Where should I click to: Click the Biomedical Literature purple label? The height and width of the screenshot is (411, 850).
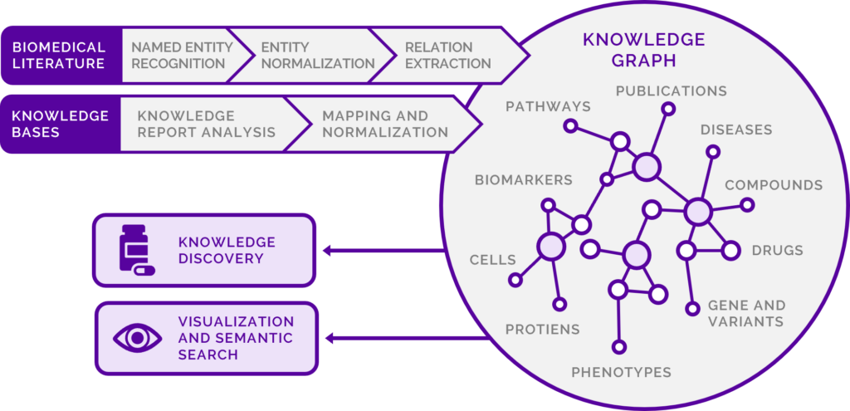click(59, 55)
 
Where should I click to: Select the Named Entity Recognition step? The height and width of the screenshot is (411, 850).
click(178, 55)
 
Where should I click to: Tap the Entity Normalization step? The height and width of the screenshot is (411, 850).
click(317, 55)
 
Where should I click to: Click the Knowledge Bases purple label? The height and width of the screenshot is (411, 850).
click(59, 124)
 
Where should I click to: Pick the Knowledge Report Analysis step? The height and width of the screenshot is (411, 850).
click(206, 124)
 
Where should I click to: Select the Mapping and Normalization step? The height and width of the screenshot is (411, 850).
click(385, 124)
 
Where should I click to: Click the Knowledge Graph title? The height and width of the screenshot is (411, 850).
click(643, 49)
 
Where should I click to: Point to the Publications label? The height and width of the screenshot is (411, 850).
click(671, 91)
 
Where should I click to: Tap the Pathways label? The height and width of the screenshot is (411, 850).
click(548, 106)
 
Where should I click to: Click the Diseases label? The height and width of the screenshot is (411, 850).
click(735, 130)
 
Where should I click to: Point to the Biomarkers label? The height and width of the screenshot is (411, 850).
click(523, 179)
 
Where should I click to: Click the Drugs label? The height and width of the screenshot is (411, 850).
click(777, 250)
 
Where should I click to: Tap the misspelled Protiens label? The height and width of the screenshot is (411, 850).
click(542, 330)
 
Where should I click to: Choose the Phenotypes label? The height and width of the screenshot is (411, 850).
click(621, 372)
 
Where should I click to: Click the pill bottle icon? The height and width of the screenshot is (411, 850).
click(135, 249)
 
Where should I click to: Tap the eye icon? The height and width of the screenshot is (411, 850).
click(135, 337)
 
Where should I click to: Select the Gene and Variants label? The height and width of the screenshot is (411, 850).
click(745, 313)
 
